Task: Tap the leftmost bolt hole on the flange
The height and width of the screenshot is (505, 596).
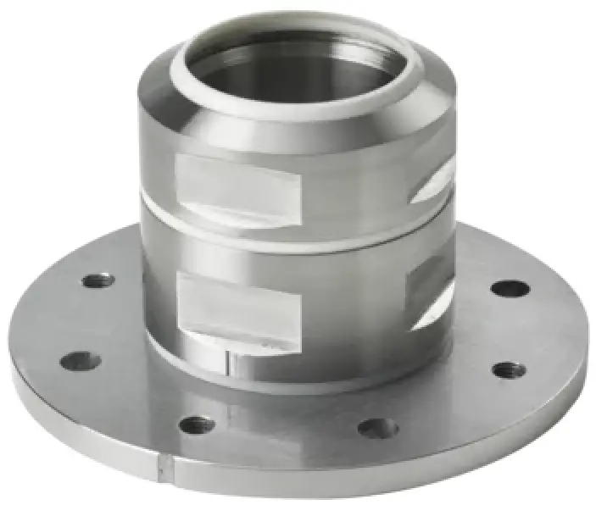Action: [81, 361]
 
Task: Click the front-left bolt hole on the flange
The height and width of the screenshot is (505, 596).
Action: [198, 424]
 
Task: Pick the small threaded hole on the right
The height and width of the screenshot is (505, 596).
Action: [508, 369]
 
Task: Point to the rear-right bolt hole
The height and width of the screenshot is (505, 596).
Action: [510, 288]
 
